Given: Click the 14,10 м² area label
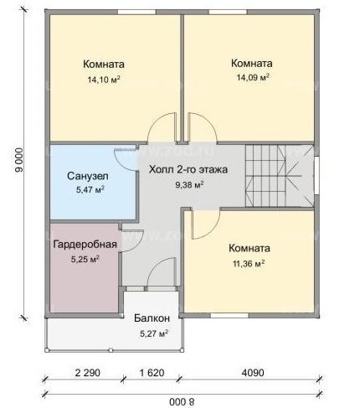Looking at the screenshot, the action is [104, 80].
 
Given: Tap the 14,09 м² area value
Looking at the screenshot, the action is [253, 77].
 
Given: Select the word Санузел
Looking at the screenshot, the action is [88, 176].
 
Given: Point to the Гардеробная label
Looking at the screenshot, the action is [85, 245].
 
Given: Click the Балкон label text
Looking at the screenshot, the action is [152, 318].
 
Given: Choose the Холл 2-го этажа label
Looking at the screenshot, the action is [188, 169].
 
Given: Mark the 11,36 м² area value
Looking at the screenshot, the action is [249, 263].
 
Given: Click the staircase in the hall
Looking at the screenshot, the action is [279, 176].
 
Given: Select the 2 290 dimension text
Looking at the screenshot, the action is [87, 373].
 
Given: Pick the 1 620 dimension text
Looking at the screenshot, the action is [152, 373].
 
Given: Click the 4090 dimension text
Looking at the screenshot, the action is [253, 373].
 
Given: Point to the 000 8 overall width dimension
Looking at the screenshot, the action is [182, 402].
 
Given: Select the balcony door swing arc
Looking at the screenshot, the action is [157, 266].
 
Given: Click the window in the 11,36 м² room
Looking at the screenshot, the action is [229, 316].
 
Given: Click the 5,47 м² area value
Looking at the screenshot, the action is [90, 190].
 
